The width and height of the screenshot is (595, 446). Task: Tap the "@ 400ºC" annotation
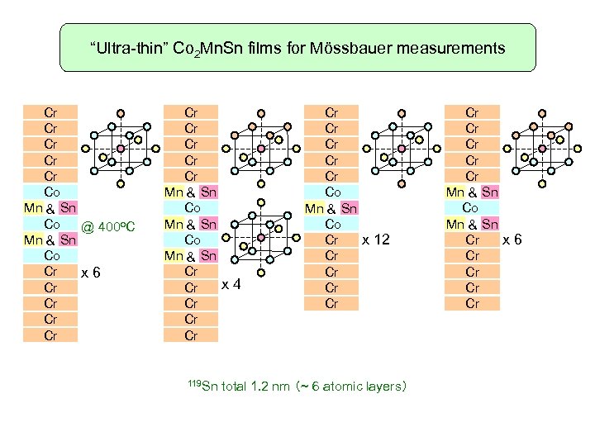click(113, 226)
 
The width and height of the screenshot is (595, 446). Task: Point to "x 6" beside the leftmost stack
click(90, 272)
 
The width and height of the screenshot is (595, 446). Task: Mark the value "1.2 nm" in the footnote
click(266, 386)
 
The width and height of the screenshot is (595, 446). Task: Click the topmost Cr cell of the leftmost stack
click(50, 111)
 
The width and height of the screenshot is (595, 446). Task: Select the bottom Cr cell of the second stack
click(191, 335)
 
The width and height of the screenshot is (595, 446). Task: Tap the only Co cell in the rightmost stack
click(471, 207)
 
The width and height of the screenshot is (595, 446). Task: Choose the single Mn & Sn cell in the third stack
click(331, 208)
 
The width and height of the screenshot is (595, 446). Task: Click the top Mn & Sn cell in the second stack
click(191, 192)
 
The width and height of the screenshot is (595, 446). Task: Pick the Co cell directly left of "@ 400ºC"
click(50, 224)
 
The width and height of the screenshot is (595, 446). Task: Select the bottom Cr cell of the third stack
click(331, 303)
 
